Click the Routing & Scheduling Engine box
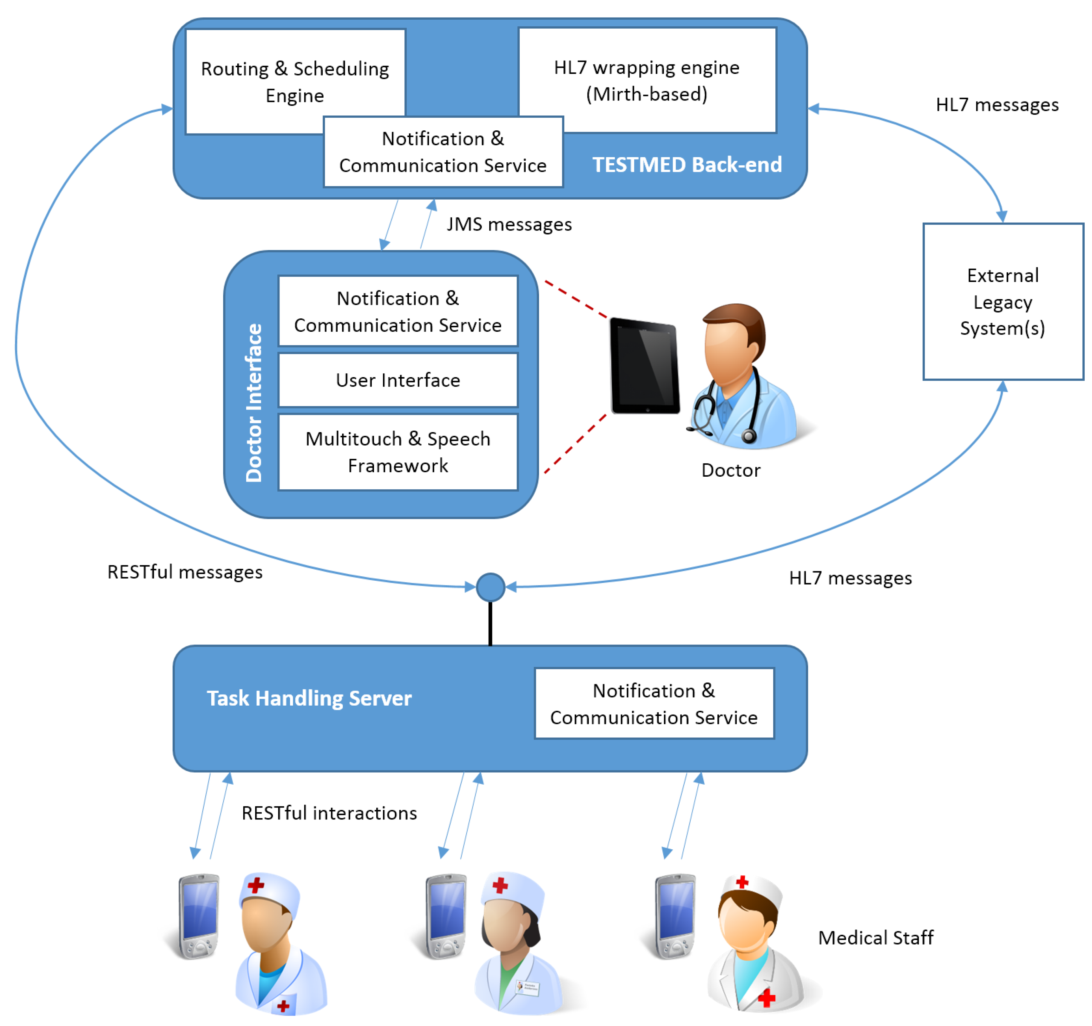coord(295,81)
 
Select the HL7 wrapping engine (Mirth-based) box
coord(647,80)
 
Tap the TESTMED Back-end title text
coord(687,165)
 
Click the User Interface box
coord(398,380)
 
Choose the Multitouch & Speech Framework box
coord(398,452)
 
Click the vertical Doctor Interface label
coord(254,402)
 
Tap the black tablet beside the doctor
coord(645,366)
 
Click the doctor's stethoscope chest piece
coord(749,437)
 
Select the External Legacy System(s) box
coord(1003,302)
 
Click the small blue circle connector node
coord(490,587)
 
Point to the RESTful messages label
coord(185,572)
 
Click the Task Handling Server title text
coord(309,699)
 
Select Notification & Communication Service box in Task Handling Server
coord(654,703)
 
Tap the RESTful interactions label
coord(330,814)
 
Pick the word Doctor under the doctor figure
coord(731,471)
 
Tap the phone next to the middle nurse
coord(446,916)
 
